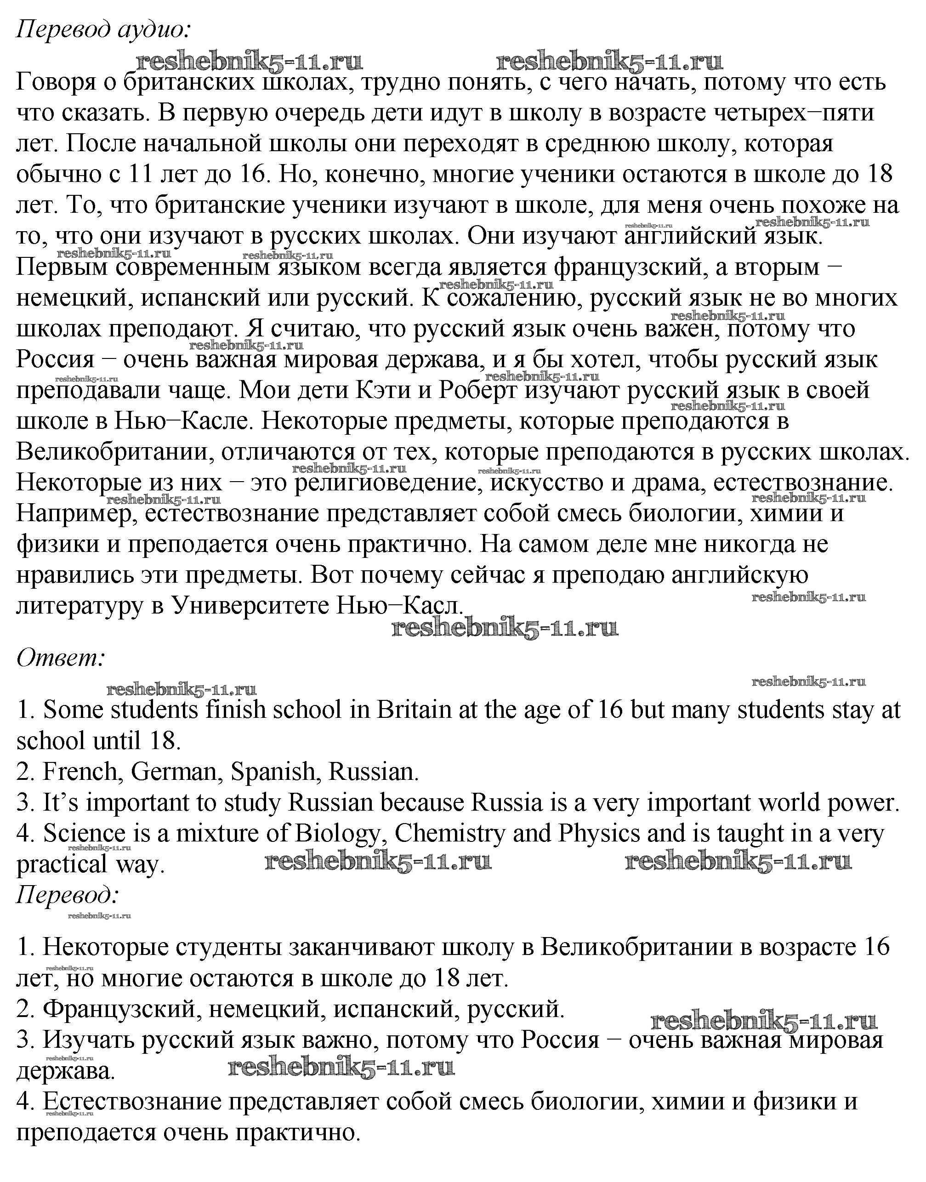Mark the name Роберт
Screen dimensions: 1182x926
(x=478, y=390)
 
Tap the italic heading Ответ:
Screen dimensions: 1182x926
(x=60, y=659)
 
